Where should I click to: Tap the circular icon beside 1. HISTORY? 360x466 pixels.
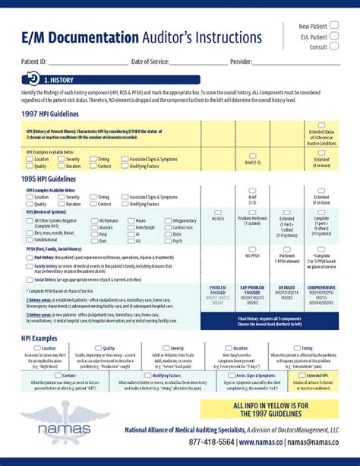33,78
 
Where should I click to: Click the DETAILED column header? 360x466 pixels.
288,289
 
